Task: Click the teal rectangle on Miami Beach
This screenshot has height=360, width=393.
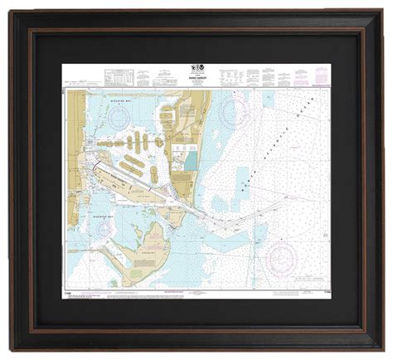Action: point(192,158)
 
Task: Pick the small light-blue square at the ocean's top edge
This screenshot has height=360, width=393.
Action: point(268,95)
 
